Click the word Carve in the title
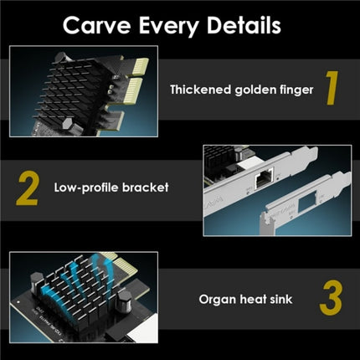pyautogui.click(x=97, y=25)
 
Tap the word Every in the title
pyautogui.click(x=168, y=27)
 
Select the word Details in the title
pyautogui.click(x=244, y=25)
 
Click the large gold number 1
pyautogui.click(x=332, y=88)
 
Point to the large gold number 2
pyautogui.click(x=27, y=188)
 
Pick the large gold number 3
pyautogui.click(x=331, y=298)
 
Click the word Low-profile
pyautogui.click(x=86, y=188)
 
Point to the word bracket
pyautogui.click(x=146, y=187)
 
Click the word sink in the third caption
pyautogui.click(x=280, y=299)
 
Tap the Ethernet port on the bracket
pyautogui.click(x=263, y=178)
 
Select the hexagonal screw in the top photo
pyautogui.click(x=67, y=123)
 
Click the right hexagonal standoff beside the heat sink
pyautogui.click(x=124, y=301)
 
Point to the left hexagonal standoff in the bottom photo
pyautogui.click(x=37, y=283)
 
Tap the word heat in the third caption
pyautogui.click(x=253, y=299)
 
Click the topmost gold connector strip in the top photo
pyautogui.click(x=140, y=67)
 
